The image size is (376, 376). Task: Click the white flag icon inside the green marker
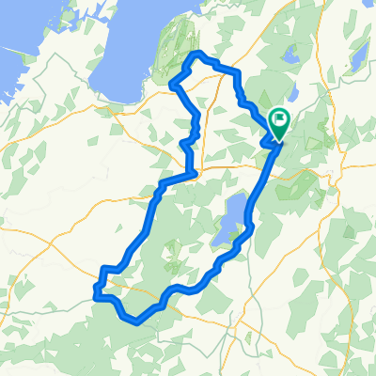[280, 119]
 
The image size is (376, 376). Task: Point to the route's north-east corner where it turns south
[237, 72]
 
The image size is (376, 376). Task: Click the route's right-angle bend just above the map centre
[194, 173]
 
